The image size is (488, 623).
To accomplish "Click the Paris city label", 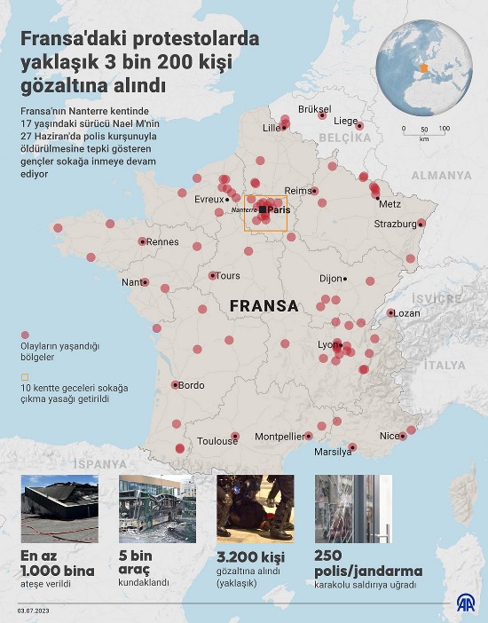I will point(279,209).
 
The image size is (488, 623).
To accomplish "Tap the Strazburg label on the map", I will point(396,225).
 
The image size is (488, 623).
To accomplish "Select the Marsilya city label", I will point(333,452).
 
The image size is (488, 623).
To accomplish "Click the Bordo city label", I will point(191,385).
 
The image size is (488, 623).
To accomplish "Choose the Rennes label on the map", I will point(162,241).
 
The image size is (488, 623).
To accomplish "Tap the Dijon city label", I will point(331,279).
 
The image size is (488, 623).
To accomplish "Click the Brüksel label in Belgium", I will point(315,109).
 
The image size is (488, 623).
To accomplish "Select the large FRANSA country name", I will point(264,305).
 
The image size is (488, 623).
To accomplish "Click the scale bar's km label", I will point(424,138).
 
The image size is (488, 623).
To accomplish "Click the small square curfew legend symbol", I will point(25,375).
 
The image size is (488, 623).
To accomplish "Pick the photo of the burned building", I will point(59,509).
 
